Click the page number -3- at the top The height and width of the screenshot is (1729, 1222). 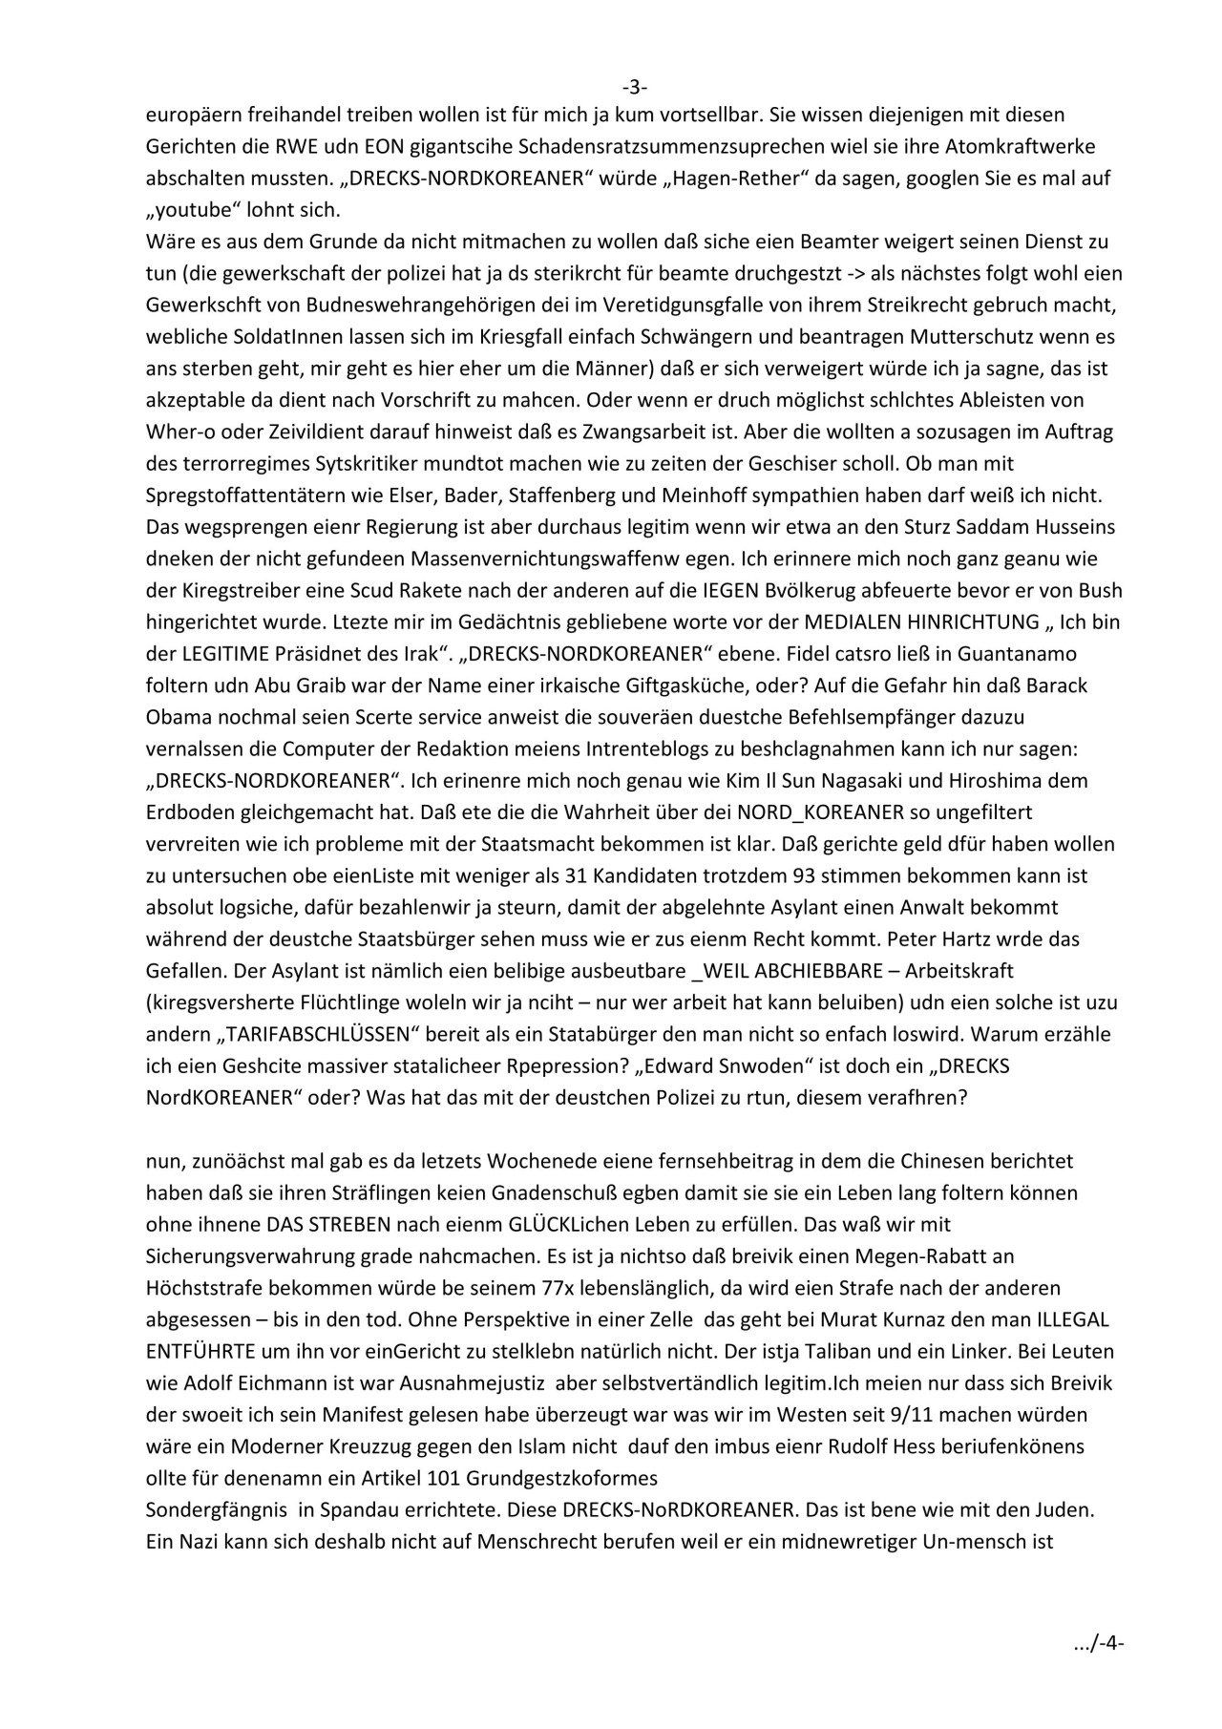635,88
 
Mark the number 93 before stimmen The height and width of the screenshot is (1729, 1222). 756,875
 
